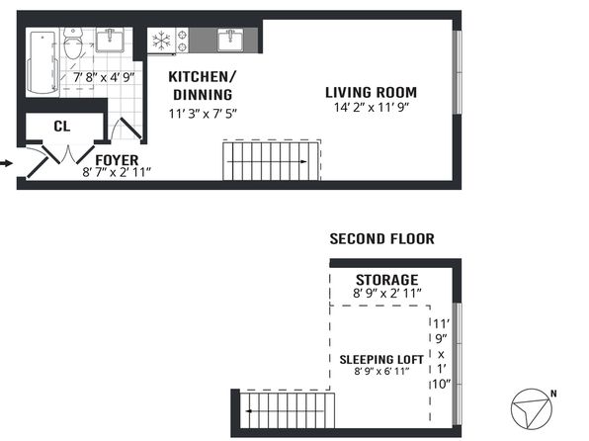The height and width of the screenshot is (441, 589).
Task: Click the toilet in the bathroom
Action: pyautogui.click(x=73, y=43)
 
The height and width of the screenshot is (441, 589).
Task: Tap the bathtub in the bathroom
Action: pyautogui.click(x=43, y=62)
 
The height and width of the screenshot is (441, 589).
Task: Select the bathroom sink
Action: pyautogui.click(x=110, y=40)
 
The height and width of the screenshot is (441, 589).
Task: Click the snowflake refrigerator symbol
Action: pyautogui.click(x=161, y=41)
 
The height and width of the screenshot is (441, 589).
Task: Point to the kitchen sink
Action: pyautogui.click(x=230, y=41)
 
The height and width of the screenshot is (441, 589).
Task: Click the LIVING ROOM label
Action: pyautogui.click(x=372, y=93)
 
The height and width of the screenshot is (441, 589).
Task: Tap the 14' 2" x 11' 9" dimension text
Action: pyautogui.click(x=372, y=108)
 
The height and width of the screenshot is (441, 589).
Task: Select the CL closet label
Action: pyautogui.click(x=62, y=127)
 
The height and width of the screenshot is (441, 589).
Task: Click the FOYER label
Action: pyautogui.click(x=117, y=160)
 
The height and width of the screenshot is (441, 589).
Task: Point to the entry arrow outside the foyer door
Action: pyautogui.click(x=6, y=163)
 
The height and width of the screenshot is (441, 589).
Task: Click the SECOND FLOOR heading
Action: pyautogui.click(x=382, y=239)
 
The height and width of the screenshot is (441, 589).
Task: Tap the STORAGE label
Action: pyautogui.click(x=387, y=280)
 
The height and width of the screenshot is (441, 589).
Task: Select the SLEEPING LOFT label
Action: pyautogui.click(x=381, y=360)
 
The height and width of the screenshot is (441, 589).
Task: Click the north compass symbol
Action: pyautogui.click(x=532, y=409)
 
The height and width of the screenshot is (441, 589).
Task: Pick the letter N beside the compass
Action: pyautogui.click(x=553, y=394)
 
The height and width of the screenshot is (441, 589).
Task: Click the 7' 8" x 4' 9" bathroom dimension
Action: pyautogui.click(x=104, y=77)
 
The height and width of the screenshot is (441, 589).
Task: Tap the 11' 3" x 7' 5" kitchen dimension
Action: pyautogui.click(x=203, y=113)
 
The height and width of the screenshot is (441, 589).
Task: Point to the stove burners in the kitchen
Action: pyautogui.click(x=183, y=41)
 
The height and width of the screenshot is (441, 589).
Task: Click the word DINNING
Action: pyautogui.click(x=203, y=95)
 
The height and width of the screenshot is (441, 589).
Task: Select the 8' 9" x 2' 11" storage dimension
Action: pyautogui.click(x=387, y=294)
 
